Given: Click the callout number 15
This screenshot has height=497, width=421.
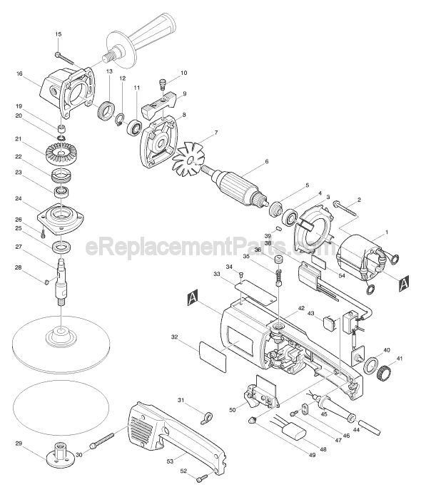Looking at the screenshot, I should coord(59,34).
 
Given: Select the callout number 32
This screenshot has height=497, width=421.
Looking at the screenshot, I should coord(174,337).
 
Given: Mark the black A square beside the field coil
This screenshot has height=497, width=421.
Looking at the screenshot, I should coord(404,281).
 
